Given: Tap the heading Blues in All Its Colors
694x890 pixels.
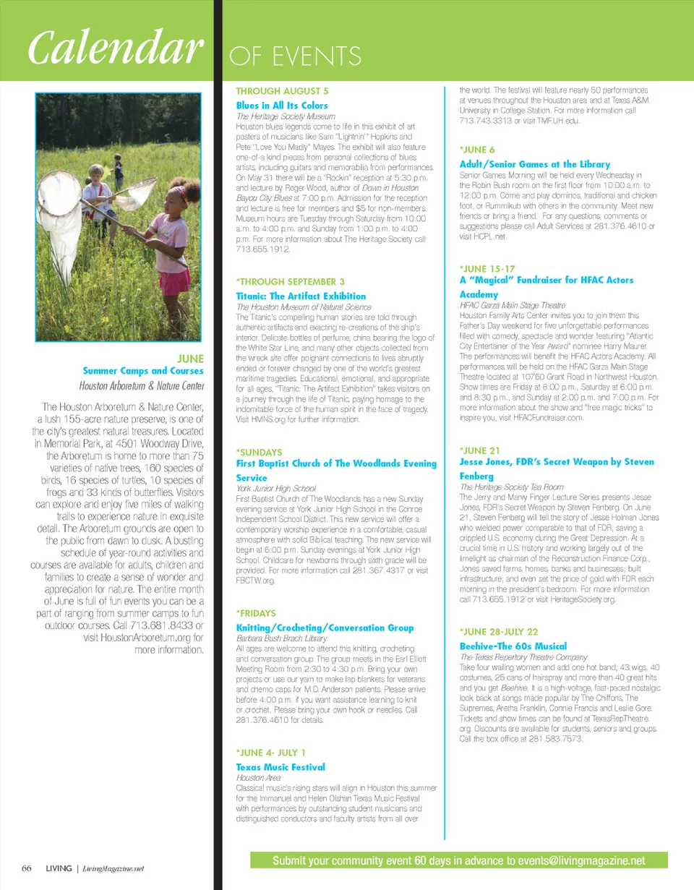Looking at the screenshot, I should [x=282, y=106].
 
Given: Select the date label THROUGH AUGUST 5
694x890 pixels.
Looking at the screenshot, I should [x=282, y=91].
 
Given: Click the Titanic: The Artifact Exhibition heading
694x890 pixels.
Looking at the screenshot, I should [x=301, y=296].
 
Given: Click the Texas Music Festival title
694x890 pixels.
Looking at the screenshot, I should [x=280, y=766].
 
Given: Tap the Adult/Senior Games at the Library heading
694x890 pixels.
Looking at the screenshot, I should [x=535, y=164].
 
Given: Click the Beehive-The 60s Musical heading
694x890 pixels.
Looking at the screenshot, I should [x=513, y=646].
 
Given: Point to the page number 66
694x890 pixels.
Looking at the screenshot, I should [x=26, y=868].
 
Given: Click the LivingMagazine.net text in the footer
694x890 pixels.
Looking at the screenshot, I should [x=113, y=868].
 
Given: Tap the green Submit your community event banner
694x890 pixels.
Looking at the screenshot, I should [x=458, y=860].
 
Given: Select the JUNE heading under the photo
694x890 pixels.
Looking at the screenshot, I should [x=190, y=358].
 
